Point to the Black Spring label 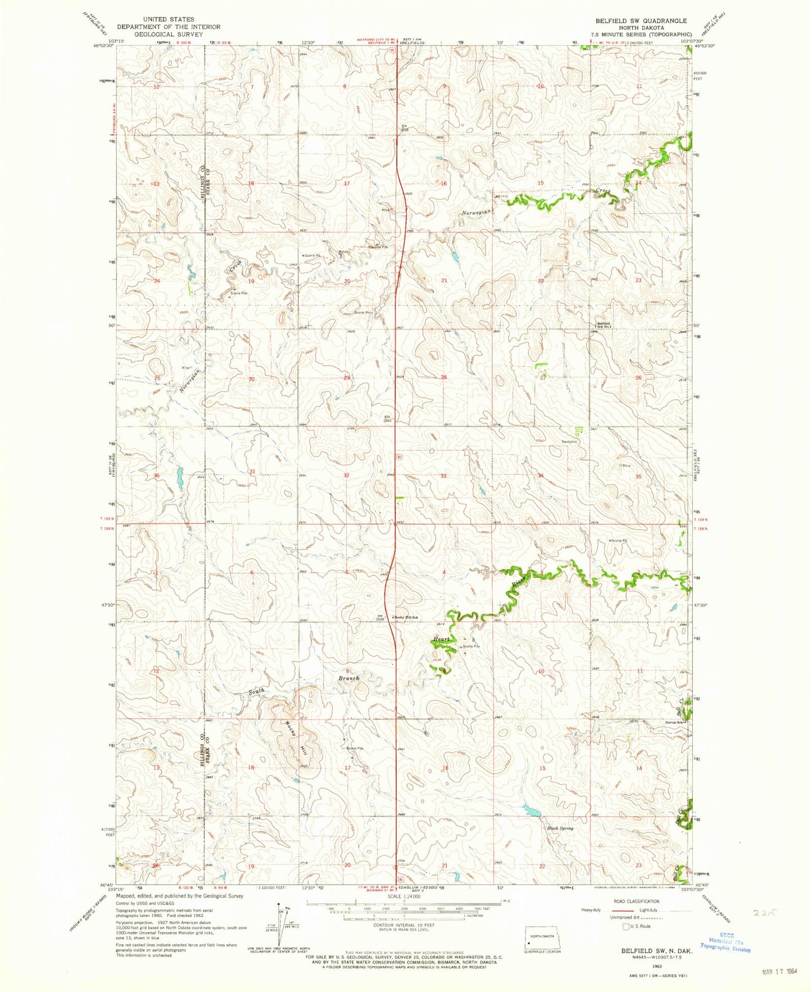pyautogui.click(x=560, y=828)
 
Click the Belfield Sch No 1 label pyautogui.click(x=604, y=325)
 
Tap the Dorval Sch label pyautogui.click(x=675, y=722)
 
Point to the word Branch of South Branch pyautogui.click(x=348, y=678)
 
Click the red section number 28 pyautogui.click(x=443, y=377)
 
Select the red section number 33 pyautogui.click(x=443, y=475)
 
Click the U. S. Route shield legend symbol pyautogui.click(x=625, y=926)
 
